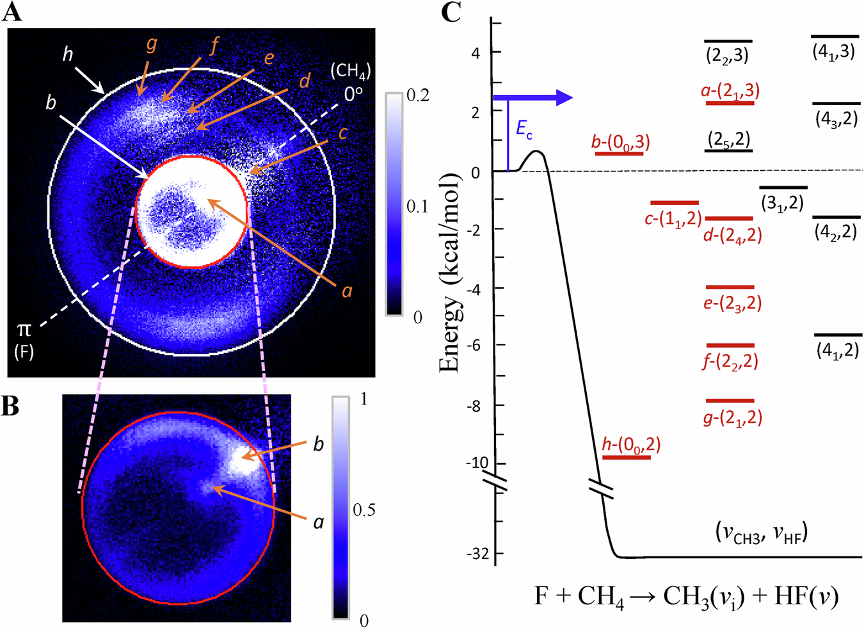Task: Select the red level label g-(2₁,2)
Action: pos(732,418)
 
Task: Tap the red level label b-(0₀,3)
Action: pos(620,142)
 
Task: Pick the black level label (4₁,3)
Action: pos(833,52)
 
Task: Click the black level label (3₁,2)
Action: pos(782,203)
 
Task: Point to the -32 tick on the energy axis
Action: pos(478,554)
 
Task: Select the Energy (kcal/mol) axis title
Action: pos(451,272)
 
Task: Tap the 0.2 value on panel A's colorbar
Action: pos(417,96)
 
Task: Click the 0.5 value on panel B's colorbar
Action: pos(364,510)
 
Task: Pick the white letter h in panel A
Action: pos(68,54)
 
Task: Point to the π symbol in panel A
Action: pos(24,330)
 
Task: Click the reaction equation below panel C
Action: pos(686,597)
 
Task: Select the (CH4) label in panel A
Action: pos(350,71)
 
